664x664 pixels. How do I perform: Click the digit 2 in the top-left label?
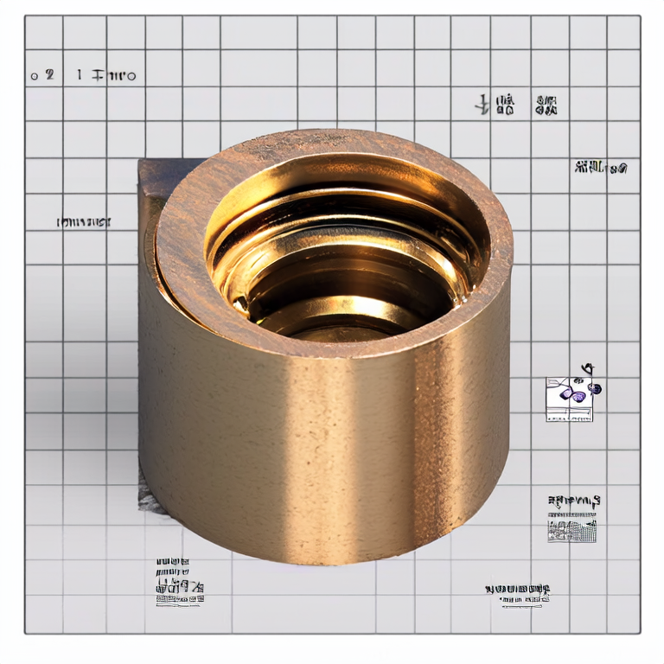point(49,75)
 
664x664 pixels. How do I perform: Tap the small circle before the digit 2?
point(35,76)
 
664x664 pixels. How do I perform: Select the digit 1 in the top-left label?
point(79,75)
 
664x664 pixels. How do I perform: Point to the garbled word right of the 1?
point(112,76)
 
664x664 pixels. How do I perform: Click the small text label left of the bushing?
point(84,222)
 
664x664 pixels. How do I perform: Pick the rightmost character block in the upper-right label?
point(546,106)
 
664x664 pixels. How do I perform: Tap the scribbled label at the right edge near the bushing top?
point(601,168)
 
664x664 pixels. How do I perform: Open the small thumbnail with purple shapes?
point(569,399)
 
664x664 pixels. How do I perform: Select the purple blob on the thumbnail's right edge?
point(595,390)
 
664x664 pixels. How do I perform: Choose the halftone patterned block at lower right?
point(571,528)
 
